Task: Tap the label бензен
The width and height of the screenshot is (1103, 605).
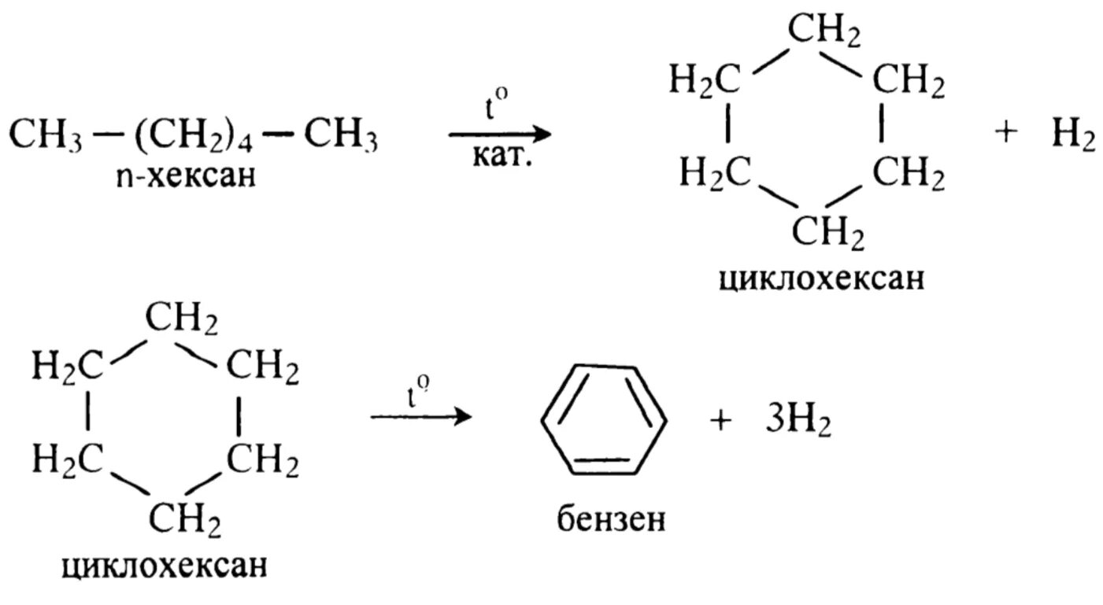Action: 608,519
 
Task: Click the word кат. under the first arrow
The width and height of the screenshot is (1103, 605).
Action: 502,158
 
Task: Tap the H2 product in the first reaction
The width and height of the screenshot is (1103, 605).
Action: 1072,136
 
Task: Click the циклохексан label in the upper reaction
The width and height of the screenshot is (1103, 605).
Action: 821,279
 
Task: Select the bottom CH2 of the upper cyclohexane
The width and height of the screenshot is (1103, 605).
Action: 827,233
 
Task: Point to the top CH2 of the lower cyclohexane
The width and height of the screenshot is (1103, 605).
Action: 182,321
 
